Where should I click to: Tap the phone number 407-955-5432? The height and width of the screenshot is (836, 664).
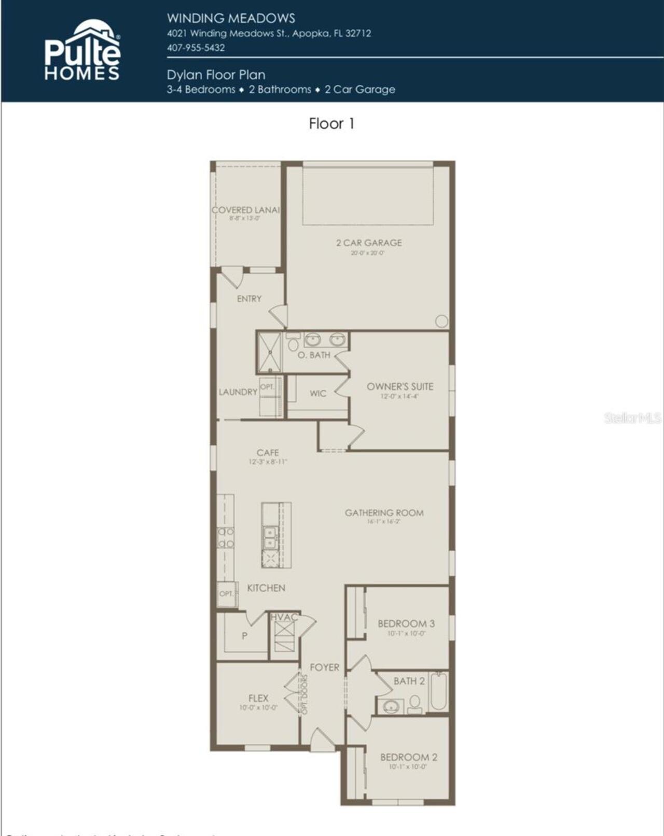point(196,48)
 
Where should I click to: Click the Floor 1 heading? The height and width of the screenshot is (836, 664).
point(331,123)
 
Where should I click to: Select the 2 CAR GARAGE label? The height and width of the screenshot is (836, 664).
point(368,243)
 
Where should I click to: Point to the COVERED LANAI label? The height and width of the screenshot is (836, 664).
point(246,210)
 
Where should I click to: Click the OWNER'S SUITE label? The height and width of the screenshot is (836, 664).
point(399,386)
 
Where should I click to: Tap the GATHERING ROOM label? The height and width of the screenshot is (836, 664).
point(384,513)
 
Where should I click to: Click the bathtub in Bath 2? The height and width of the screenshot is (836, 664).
point(438,691)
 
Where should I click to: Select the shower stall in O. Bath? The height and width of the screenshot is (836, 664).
point(270,353)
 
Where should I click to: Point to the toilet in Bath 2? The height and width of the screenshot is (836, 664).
point(414,704)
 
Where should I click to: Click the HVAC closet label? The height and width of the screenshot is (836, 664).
point(284,617)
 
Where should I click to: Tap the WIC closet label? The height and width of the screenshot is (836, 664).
point(318,394)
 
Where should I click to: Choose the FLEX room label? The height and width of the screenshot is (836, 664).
point(258,698)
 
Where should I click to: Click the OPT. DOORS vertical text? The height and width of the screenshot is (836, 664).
point(305,693)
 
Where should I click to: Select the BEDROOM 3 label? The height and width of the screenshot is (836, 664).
point(406,624)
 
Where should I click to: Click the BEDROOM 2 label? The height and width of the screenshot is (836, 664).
point(408,757)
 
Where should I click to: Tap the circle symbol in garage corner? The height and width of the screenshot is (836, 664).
point(441,321)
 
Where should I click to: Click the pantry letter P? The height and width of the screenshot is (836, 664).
point(244,636)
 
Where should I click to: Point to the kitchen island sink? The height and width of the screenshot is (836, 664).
point(270,537)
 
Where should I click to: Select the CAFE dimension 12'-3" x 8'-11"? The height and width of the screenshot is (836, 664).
point(268,462)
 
